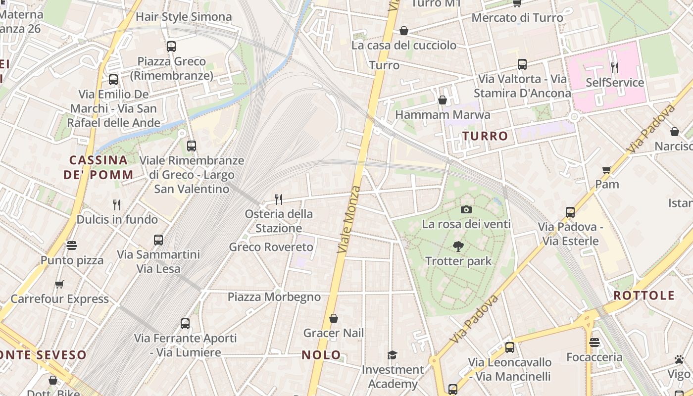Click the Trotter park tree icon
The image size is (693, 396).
[458, 246]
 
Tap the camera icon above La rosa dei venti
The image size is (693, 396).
[466, 209]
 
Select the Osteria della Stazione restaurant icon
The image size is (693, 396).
[279, 199]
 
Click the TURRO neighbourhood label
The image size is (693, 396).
[485, 136]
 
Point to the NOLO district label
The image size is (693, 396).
[321, 354]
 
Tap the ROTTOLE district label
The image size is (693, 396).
[644, 296]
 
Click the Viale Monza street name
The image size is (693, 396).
[348, 220]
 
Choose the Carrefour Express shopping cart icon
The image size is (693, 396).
[59, 284]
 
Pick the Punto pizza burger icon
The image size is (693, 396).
[72, 246]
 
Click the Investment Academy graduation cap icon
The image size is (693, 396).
[392, 354]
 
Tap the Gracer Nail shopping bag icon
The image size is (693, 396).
[334, 318]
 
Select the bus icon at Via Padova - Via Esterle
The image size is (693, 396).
[570, 212]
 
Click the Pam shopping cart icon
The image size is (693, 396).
[607, 170]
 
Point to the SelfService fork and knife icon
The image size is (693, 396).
[614, 67]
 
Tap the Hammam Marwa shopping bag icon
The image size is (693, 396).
[443, 100]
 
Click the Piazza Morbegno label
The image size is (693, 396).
[274, 297]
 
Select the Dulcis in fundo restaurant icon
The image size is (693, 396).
[117, 204]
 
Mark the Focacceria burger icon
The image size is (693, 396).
[594, 343]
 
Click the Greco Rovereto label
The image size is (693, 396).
[271, 247]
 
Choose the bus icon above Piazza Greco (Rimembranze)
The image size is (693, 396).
[171, 47]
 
